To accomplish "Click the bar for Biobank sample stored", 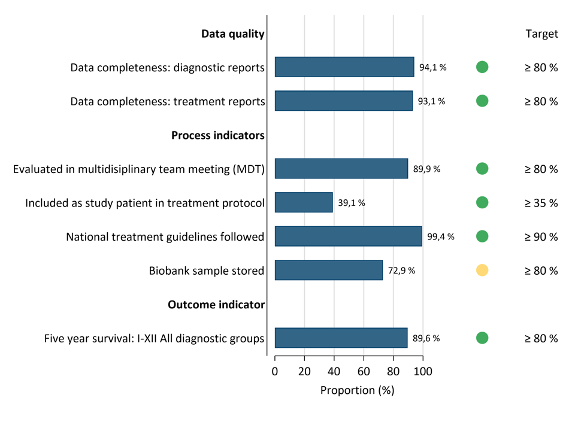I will click(x=328, y=271).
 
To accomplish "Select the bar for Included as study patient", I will click(x=304, y=203).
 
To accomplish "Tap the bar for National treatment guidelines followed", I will click(x=348, y=236).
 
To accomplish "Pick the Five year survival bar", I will click(x=341, y=338).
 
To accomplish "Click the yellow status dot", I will click(x=482, y=271).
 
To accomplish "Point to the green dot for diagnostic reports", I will click(x=482, y=68).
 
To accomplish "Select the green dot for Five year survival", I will click(x=482, y=338).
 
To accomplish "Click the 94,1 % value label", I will click(x=432, y=68).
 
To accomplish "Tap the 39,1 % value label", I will click(x=352, y=203).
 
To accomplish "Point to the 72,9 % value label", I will click(x=401, y=271).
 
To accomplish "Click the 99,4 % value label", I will click(x=440, y=236).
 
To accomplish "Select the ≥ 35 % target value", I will click(x=541, y=203).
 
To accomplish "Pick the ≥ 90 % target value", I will click(x=541, y=236).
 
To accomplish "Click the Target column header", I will click(x=541, y=34).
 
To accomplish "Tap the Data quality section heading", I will click(x=232, y=34).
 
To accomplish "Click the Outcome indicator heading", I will click(x=216, y=305).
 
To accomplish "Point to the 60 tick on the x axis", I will click(x=364, y=371).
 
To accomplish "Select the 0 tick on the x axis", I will click(x=275, y=371).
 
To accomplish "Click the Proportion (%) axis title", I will click(x=357, y=391).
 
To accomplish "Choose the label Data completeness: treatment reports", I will click(x=167, y=102).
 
